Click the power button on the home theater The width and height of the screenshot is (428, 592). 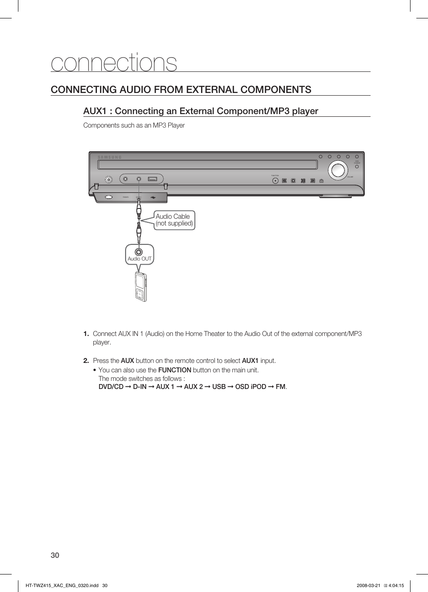(x=109, y=179)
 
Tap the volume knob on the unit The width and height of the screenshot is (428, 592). (x=337, y=170)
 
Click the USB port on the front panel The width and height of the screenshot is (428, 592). (x=153, y=179)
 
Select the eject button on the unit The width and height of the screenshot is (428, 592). (x=321, y=181)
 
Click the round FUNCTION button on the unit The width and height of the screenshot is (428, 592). (x=275, y=181)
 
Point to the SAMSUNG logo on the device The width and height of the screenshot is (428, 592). (x=110, y=158)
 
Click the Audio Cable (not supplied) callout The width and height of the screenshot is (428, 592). (x=174, y=220)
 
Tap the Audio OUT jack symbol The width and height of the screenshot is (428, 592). (x=139, y=252)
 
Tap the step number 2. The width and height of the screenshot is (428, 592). (x=86, y=361)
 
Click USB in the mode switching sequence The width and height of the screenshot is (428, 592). (x=218, y=387)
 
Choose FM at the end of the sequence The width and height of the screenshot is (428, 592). (x=280, y=387)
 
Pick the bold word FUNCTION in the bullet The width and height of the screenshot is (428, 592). (x=175, y=370)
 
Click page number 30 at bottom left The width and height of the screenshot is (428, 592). (x=55, y=555)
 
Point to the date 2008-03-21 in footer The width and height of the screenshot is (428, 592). (x=368, y=585)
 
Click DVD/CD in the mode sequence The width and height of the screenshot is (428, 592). (x=111, y=387)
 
